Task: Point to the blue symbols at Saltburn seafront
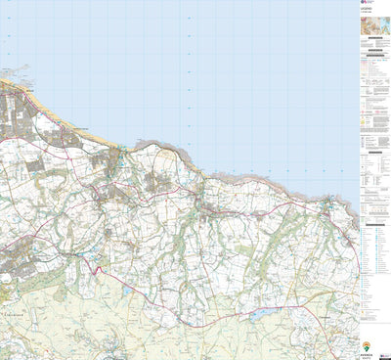tap(119, 149)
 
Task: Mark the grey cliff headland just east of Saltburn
tap(147, 147)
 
